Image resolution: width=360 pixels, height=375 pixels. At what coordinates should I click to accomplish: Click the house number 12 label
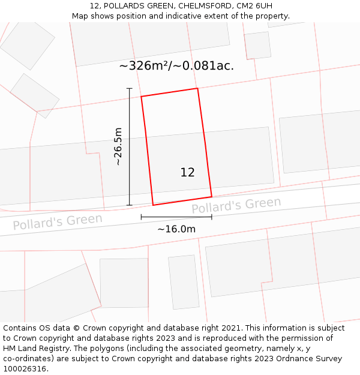click(x=187, y=172)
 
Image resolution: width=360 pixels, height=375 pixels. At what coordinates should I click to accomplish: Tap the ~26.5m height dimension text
click(x=118, y=146)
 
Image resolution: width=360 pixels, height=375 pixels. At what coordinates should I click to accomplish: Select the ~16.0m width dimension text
click(x=176, y=229)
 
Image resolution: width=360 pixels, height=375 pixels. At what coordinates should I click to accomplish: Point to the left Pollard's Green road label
click(x=58, y=221)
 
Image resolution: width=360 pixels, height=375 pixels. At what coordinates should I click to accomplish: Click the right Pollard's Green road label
click(x=236, y=205)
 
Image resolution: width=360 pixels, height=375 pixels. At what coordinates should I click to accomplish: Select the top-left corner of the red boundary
click(x=141, y=97)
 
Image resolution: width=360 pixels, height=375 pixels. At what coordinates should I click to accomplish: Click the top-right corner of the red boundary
click(x=197, y=88)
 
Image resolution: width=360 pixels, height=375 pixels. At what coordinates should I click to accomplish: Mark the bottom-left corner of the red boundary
click(x=153, y=205)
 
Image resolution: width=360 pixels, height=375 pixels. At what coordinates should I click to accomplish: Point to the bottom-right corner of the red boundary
click(x=212, y=196)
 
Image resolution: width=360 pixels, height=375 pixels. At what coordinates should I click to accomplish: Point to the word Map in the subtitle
click(x=80, y=16)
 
